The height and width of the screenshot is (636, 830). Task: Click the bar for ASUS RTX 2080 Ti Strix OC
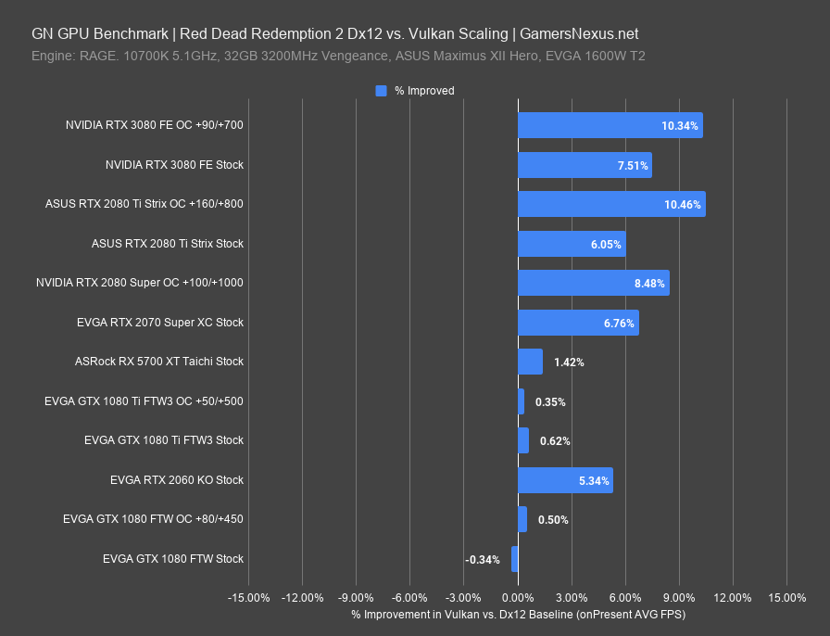(611, 204)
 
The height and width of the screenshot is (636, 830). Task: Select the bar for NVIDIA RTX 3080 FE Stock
(585, 165)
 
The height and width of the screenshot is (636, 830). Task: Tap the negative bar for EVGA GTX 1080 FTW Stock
(514, 559)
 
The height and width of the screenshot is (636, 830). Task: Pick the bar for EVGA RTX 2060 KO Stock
(565, 480)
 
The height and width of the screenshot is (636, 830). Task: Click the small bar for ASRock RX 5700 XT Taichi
(530, 362)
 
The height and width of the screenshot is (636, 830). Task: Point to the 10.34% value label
(679, 125)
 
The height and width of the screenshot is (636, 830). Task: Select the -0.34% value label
(483, 559)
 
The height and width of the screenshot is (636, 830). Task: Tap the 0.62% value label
(555, 440)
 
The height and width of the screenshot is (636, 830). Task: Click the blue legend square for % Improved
(381, 91)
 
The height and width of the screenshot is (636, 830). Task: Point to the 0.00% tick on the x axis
(517, 597)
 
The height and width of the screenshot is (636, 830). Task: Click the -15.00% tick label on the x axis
(248, 597)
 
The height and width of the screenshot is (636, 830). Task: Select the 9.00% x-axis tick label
(679, 597)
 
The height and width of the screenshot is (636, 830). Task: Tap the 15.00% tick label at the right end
(786, 597)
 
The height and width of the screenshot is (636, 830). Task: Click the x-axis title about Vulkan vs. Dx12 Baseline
(518, 614)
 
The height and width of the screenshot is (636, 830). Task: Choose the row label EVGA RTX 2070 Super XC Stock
(160, 323)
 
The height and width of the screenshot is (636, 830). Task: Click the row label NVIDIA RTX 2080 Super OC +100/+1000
(140, 283)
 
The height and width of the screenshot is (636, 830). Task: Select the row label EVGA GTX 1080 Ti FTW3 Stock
(164, 440)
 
